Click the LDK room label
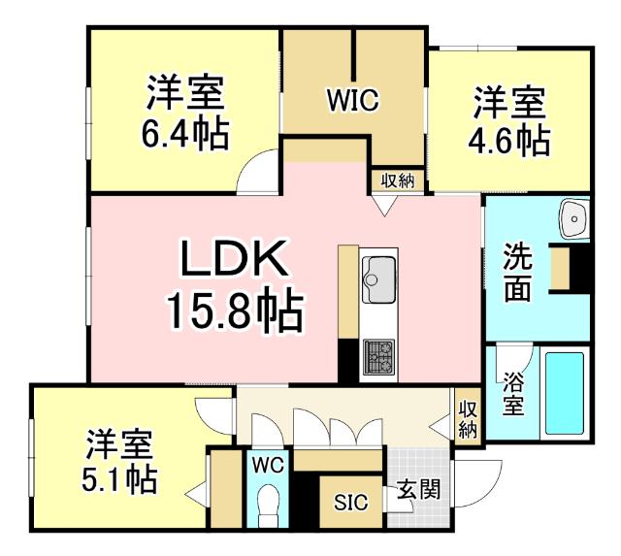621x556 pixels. (233, 262)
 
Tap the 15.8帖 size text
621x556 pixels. (233, 312)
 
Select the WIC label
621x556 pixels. (351, 99)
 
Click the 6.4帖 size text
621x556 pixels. (185, 135)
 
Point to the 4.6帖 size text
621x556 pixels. (509, 140)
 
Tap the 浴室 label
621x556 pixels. (513, 394)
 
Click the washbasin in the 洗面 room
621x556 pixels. (575, 219)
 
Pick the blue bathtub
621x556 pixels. (564, 392)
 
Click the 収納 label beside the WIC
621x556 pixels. (396, 180)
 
